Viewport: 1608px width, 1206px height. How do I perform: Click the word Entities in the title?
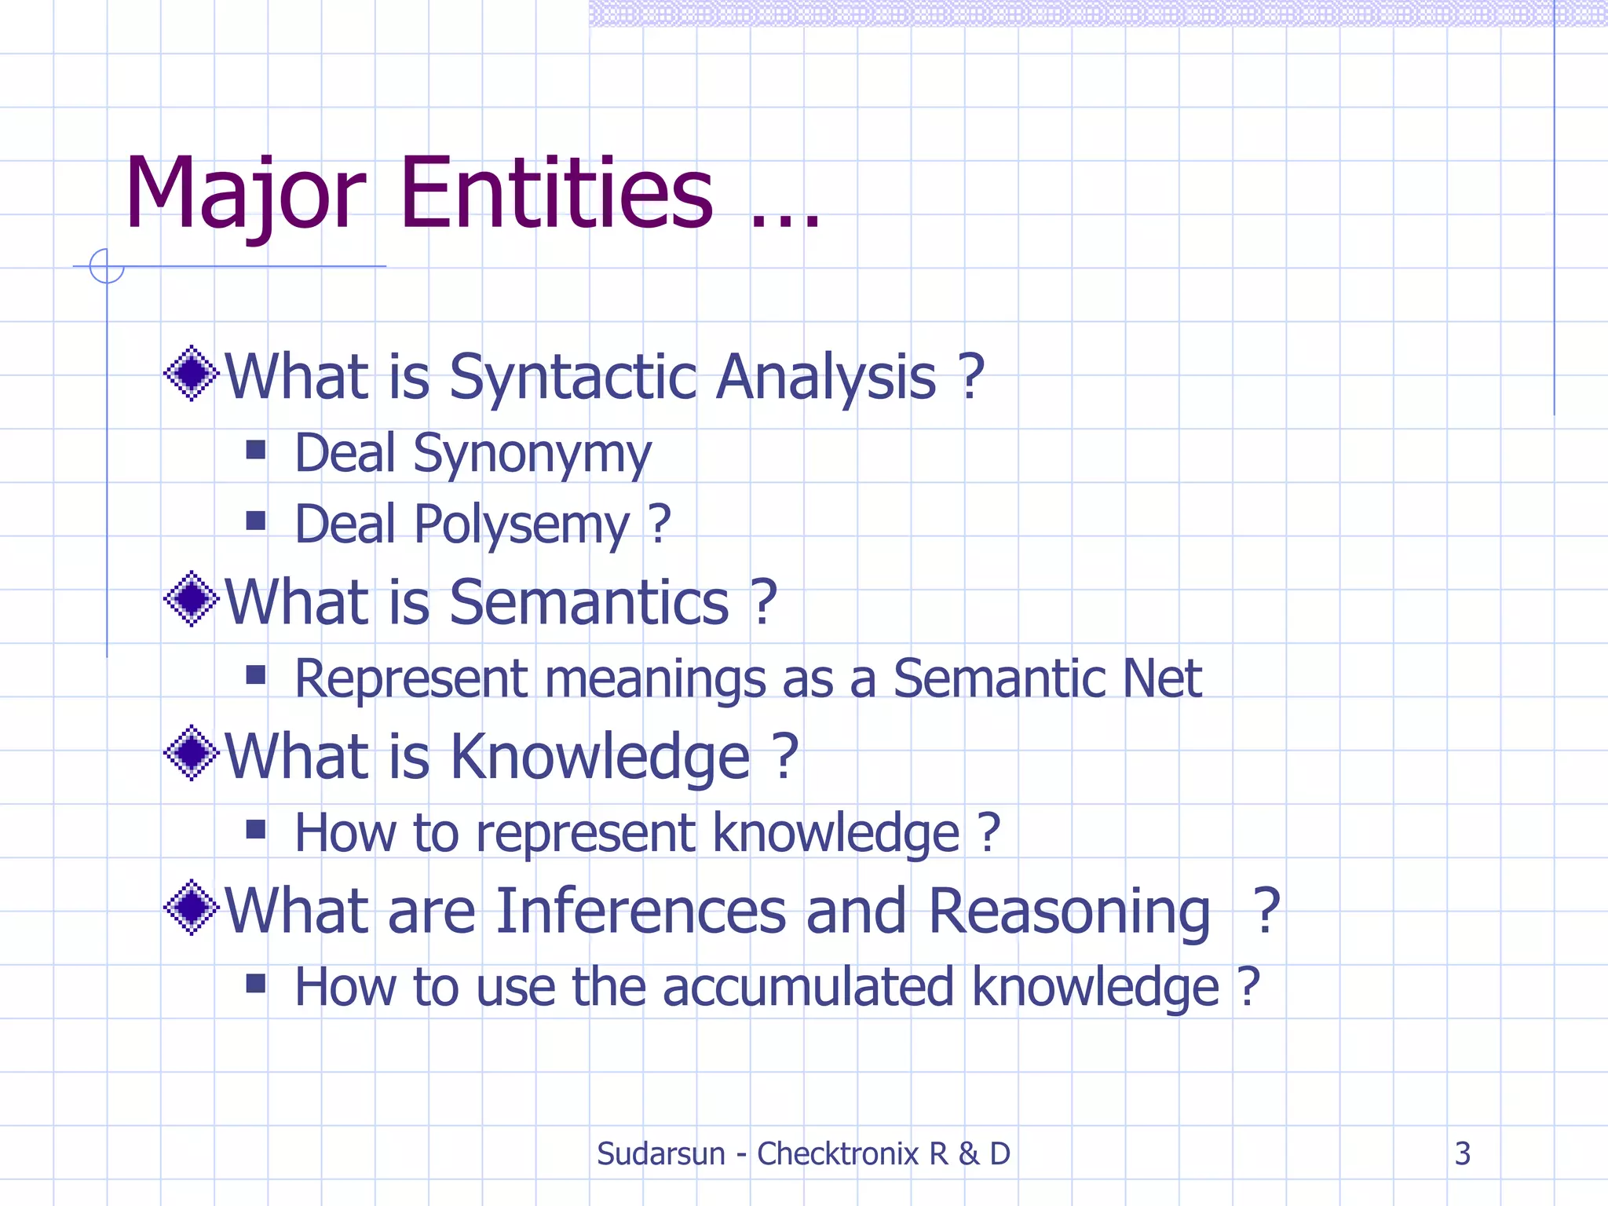557,194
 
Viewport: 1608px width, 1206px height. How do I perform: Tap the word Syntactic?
573,377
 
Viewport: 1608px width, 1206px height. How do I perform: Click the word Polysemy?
521,525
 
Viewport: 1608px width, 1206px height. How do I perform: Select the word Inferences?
641,911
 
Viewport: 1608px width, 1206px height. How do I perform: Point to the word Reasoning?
1069,911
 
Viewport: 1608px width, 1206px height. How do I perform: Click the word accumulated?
808,987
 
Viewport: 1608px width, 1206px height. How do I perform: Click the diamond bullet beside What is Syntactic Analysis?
191,374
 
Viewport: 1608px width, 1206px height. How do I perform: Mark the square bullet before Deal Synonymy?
255,449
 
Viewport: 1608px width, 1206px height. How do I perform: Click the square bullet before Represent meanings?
255,675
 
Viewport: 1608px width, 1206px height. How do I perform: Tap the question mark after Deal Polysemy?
660,524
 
